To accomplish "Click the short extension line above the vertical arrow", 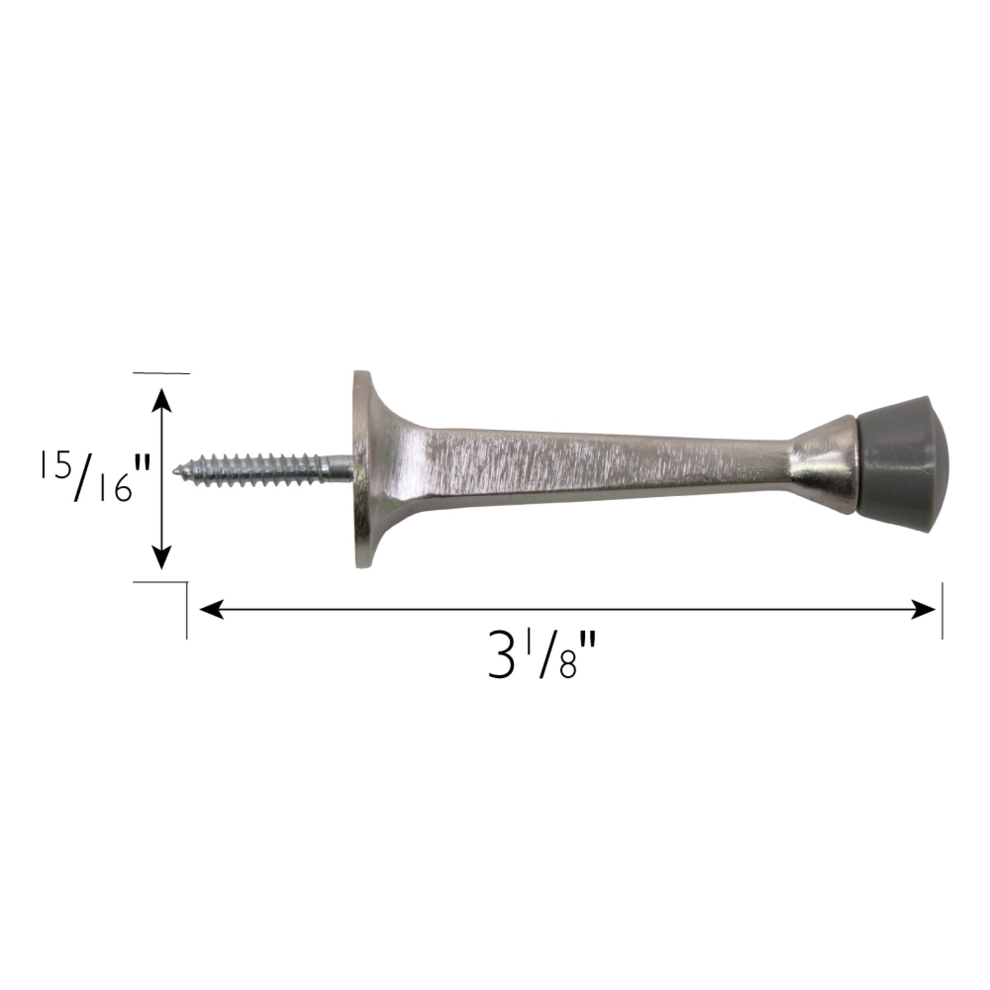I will coord(162,374).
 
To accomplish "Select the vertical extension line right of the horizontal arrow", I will coord(942,610).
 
